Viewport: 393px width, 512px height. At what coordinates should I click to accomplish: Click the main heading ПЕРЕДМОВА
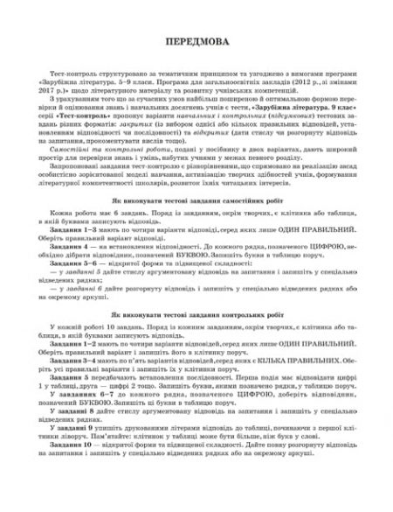[x=196, y=43]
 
